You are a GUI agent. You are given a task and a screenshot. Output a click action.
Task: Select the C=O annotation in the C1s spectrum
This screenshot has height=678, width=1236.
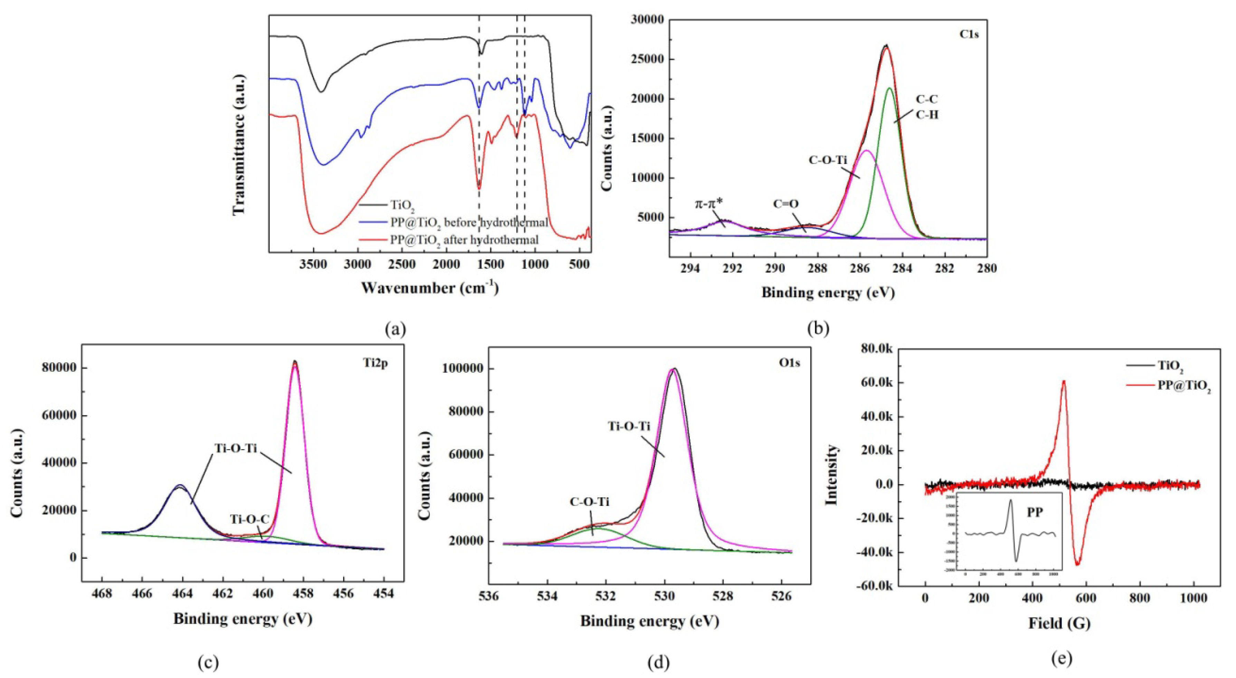786,204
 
